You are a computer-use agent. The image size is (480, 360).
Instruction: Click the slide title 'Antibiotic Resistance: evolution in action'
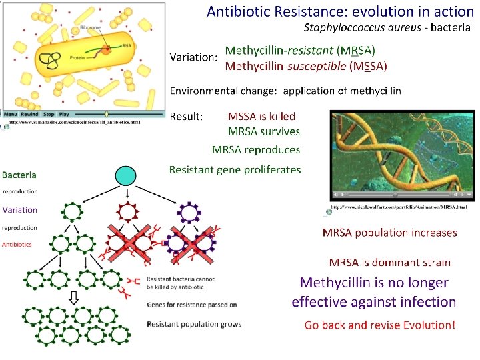pyautogui.click(x=340, y=11)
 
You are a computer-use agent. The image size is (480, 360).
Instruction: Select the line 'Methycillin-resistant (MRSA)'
pyautogui.click(x=300, y=51)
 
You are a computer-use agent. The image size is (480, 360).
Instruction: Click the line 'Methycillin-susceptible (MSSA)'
pyautogui.click(x=305, y=66)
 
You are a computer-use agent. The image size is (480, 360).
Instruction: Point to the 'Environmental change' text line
pyautogui.click(x=285, y=91)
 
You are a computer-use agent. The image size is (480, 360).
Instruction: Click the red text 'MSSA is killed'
pyautogui.click(x=261, y=116)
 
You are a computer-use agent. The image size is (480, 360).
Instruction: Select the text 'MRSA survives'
pyautogui.click(x=264, y=132)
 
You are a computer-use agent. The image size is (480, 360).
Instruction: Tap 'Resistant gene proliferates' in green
pyautogui.click(x=235, y=169)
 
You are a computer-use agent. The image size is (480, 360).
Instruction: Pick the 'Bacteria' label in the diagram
pyautogui.click(x=19, y=175)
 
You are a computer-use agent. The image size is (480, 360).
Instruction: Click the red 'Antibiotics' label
pyautogui.click(x=17, y=245)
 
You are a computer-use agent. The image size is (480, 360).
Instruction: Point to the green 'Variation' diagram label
pyautogui.click(x=20, y=209)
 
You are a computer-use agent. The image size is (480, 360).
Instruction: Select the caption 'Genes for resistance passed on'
pyautogui.click(x=192, y=305)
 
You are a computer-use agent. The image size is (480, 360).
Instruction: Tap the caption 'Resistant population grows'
pyautogui.click(x=195, y=325)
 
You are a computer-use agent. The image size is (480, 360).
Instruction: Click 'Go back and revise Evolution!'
pyautogui.click(x=380, y=325)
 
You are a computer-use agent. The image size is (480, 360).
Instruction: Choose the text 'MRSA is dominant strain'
pyautogui.click(x=390, y=263)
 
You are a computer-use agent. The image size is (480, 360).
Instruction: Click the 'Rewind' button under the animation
pyautogui.click(x=31, y=114)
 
